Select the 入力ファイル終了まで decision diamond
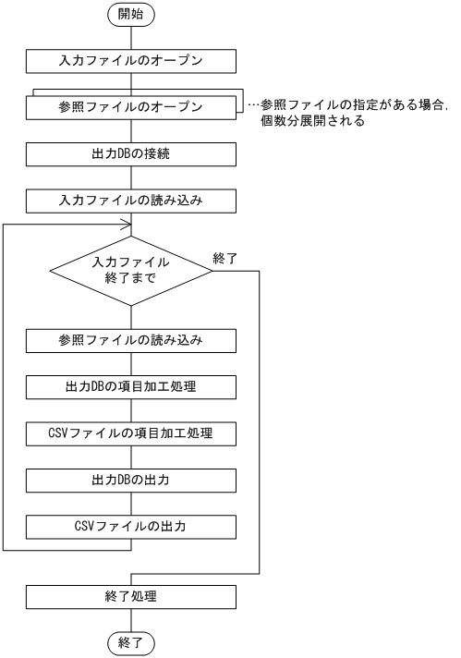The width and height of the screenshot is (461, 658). click(130, 270)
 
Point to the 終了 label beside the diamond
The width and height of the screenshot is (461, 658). click(224, 259)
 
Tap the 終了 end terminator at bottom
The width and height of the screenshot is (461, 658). click(130, 643)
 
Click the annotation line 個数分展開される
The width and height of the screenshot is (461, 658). click(314, 120)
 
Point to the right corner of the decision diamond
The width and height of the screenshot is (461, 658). click(212, 270)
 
